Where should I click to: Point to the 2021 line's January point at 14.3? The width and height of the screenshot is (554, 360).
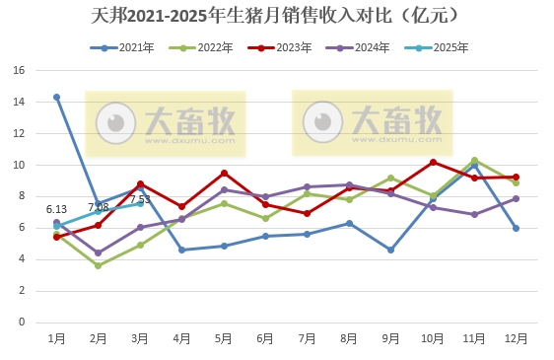pyautogui.click(x=56, y=97)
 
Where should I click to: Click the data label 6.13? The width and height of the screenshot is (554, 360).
pyautogui.click(x=56, y=209)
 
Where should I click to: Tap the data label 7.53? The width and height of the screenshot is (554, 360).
pyautogui.click(x=140, y=199)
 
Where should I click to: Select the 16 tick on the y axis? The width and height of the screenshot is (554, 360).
pyautogui.click(x=19, y=71)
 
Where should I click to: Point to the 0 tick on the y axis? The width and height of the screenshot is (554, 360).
pyautogui.click(x=22, y=323)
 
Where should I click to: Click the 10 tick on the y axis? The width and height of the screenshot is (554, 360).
pyautogui.click(x=19, y=165)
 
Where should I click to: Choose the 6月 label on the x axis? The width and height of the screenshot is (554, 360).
pyautogui.click(x=266, y=338)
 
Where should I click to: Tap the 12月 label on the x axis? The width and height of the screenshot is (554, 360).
pyautogui.click(x=516, y=338)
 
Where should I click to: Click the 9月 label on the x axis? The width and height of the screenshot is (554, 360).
pyautogui.click(x=391, y=338)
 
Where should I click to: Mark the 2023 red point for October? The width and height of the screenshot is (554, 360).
pyautogui.click(x=433, y=162)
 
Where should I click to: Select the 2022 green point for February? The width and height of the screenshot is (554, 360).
pyautogui.click(x=98, y=265)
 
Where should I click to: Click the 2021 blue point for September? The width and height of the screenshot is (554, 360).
pyautogui.click(x=391, y=250)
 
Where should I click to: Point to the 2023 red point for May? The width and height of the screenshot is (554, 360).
pyautogui.click(x=224, y=173)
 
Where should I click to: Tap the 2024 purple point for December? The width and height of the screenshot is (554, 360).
pyautogui.click(x=516, y=198)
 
